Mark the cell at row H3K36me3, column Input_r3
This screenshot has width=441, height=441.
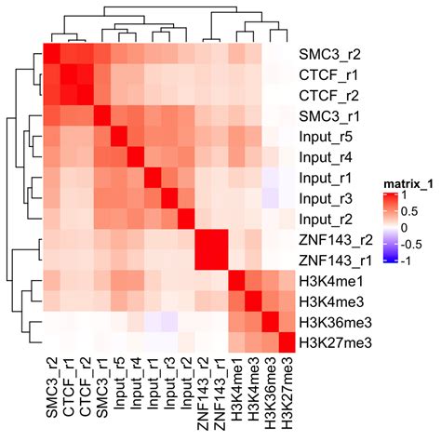(160, 323)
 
